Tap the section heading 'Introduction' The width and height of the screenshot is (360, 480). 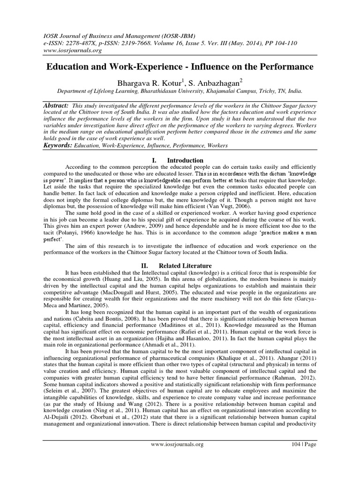(x=186, y=160)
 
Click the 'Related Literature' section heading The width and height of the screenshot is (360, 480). (x=189, y=266)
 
